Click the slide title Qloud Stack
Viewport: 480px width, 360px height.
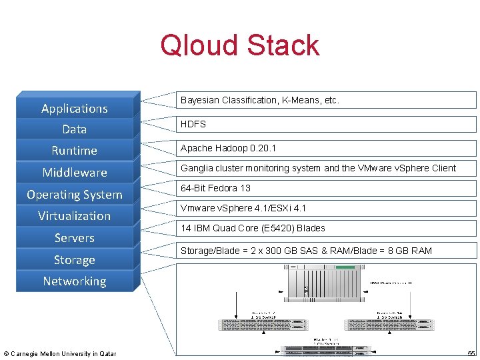pos(239,45)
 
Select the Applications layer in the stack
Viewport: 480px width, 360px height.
pos(74,108)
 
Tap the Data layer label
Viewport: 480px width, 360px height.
pos(74,129)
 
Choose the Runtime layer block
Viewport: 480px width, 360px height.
pos(74,151)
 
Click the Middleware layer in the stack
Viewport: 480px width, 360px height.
pos(74,173)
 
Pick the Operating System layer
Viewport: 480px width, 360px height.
pos(74,195)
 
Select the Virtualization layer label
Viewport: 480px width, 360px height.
pos(74,216)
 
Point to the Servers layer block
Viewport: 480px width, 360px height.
pos(74,238)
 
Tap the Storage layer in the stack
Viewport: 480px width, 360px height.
pos(74,260)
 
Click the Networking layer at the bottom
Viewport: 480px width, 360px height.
pos(74,281)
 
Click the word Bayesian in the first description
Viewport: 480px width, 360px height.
pos(200,100)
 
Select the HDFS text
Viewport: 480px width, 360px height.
pos(193,124)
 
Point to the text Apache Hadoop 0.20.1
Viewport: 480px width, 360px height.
pos(228,148)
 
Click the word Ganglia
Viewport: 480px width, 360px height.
pos(197,168)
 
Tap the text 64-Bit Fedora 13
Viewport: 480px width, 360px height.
pos(215,188)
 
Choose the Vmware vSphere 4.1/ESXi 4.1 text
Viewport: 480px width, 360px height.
pos(243,208)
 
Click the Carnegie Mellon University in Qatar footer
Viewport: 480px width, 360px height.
pos(60,353)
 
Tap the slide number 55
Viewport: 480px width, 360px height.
pos(471,353)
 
